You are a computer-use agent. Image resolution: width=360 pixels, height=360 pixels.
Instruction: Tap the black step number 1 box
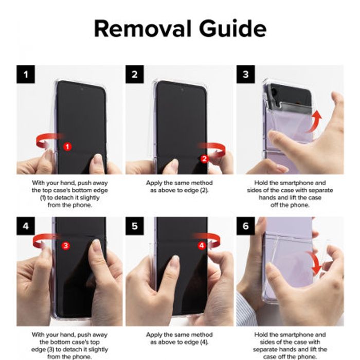pos(26,75)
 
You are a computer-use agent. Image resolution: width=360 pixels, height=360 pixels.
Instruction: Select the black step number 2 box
pos(134,75)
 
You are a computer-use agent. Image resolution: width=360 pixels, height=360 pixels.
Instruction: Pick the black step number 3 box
pos(245,75)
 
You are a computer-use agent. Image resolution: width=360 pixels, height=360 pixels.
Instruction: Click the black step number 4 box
pos(26,226)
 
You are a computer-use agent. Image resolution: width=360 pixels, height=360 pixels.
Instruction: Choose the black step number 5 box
pos(134,226)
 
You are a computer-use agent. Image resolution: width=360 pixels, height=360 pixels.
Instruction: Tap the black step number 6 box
pos(245,226)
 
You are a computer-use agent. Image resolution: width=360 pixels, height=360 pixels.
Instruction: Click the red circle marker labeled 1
pos(67,147)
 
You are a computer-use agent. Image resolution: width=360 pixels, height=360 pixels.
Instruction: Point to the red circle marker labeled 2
pos(204,159)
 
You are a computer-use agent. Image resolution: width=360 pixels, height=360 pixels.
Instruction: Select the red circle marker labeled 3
pos(65,245)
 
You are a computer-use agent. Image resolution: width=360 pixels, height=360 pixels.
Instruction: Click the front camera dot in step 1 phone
pos(82,88)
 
